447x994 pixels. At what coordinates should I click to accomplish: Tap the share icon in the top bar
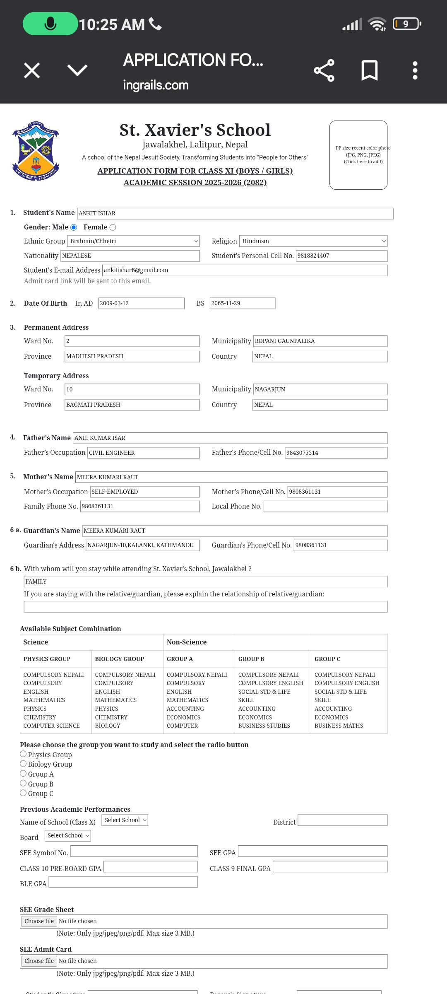point(324,70)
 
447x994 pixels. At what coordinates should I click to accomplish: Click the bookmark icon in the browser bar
point(369,70)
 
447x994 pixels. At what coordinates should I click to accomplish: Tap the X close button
point(32,70)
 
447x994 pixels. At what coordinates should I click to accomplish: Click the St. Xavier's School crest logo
point(36,151)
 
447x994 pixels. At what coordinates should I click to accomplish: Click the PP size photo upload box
point(358,155)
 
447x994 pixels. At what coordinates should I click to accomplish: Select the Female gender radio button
point(113,227)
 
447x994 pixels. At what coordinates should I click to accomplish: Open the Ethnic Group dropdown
point(133,241)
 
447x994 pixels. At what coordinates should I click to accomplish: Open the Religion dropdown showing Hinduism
point(313,241)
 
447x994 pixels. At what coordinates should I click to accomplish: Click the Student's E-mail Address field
point(245,270)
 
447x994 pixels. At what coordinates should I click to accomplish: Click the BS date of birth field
point(242,303)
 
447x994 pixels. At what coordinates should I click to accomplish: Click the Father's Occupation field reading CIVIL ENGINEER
point(144,453)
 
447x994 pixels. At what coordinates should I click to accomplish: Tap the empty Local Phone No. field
point(325,507)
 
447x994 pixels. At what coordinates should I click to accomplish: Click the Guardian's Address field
point(143,545)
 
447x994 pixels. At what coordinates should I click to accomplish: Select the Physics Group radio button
point(24,754)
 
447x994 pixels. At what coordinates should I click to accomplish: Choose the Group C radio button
point(24,793)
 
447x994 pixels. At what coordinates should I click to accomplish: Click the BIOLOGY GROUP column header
point(120,659)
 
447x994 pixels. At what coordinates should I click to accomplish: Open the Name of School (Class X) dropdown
point(125,820)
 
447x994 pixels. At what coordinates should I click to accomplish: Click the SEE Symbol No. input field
point(134,851)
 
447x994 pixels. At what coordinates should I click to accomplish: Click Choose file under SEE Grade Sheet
point(39,921)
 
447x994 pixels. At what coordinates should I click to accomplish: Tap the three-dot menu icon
point(415,70)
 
